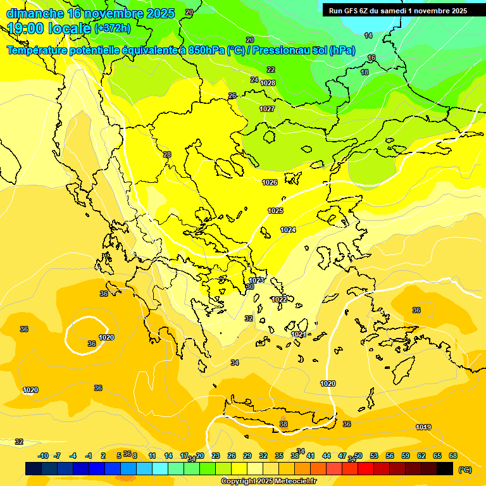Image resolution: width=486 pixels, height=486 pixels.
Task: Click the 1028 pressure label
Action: [268, 83]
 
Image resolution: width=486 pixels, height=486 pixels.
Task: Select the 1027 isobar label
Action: [267, 109]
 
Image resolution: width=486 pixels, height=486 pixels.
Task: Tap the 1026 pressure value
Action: [270, 182]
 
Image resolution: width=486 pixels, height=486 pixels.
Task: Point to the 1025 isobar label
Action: [275, 211]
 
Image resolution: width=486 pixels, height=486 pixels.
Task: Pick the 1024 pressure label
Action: [288, 230]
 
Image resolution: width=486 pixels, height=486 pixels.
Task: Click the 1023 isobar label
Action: [256, 280]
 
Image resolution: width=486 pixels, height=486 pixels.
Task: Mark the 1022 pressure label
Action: [279, 299]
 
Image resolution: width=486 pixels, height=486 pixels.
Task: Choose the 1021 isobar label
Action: [299, 334]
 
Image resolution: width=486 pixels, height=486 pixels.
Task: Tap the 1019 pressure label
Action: [423, 427]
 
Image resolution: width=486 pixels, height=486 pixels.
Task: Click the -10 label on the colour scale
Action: [44, 456]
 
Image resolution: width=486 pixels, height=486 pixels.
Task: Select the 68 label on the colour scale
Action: [453, 456]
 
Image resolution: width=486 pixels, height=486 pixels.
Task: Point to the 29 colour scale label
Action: [247, 456]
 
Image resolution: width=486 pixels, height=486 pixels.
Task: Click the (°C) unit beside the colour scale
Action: [464, 469]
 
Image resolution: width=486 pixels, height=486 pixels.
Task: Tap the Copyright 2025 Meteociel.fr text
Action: [268, 482]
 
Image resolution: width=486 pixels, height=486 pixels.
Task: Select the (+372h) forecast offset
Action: [112, 28]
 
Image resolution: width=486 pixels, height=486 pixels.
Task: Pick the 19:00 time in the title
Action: [26, 28]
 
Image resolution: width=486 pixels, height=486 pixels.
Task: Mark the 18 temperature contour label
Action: [364, 73]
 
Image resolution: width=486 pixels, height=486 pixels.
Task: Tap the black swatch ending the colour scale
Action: [445, 469]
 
